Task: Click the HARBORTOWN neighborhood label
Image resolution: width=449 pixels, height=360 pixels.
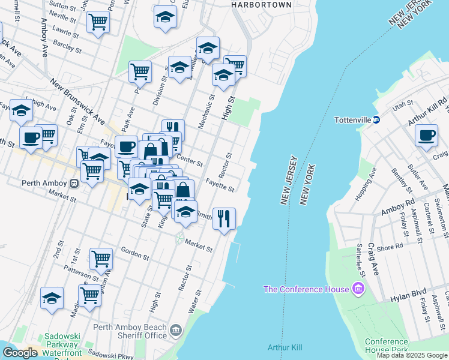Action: click(261, 5)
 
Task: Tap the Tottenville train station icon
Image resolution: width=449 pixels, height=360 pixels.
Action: click(376, 119)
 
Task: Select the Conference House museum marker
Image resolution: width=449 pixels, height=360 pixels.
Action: click(359, 289)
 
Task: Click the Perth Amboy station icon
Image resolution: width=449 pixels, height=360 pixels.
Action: click(74, 182)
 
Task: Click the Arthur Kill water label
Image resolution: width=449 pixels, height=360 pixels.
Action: click(285, 348)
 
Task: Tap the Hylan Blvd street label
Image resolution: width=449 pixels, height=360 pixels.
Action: click(411, 293)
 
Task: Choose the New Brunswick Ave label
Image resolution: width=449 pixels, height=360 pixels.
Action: click(76, 101)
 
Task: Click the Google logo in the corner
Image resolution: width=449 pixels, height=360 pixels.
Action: click(20, 353)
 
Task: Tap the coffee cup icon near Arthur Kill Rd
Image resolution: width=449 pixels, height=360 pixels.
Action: click(426, 134)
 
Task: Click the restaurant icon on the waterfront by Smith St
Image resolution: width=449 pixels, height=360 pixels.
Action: click(224, 218)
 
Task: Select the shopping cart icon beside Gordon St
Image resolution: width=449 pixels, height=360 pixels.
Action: click(101, 259)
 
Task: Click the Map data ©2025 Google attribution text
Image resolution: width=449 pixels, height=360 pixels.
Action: click(412, 355)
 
